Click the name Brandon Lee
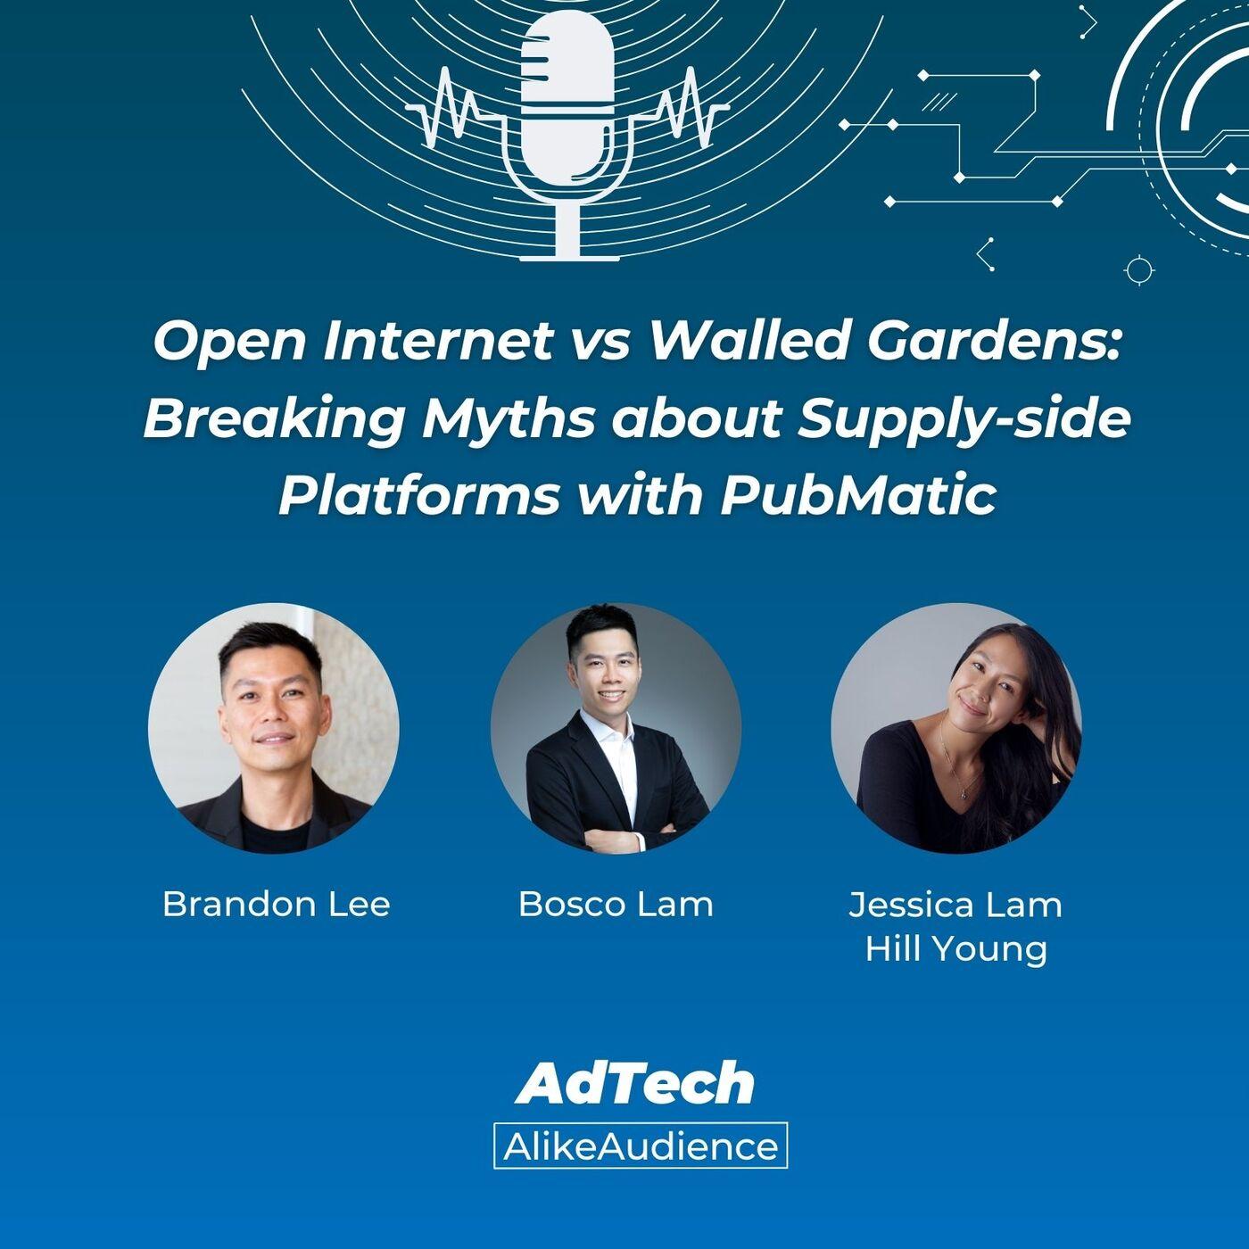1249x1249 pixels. (276, 904)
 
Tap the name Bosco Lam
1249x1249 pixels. (616, 904)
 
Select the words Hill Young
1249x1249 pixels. (956, 949)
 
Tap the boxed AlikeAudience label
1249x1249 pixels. (641, 1146)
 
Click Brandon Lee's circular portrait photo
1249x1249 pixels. (274, 728)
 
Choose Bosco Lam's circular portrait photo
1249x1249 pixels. (616, 728)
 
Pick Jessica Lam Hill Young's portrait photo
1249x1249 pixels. (956, 728)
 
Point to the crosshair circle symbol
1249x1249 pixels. (1138, 270)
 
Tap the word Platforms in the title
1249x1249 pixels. (418, 497)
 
